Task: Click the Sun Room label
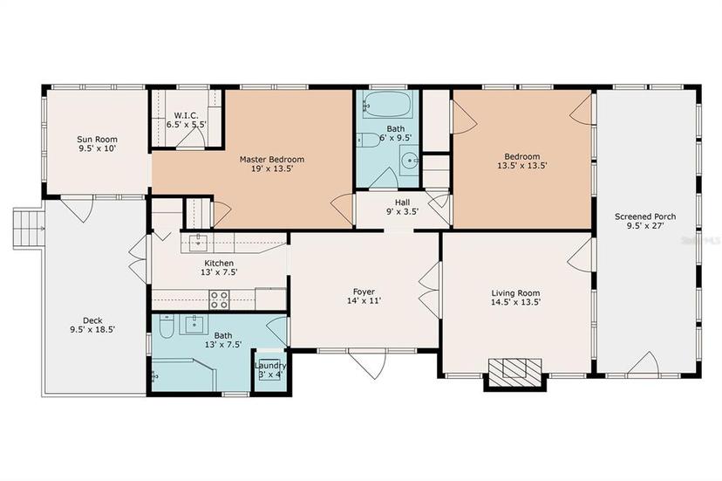97,140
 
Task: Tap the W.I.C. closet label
186,115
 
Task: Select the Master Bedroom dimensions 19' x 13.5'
272,168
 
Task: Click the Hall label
402,203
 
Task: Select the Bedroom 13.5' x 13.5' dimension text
521,166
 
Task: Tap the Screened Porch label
645,216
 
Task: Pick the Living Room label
515,293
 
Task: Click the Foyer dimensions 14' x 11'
364,301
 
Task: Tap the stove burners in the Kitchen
219,299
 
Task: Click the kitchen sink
198,241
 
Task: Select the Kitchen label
219,264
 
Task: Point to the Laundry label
269,366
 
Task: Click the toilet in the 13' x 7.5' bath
166,326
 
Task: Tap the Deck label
92,320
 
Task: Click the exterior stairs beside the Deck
29,229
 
